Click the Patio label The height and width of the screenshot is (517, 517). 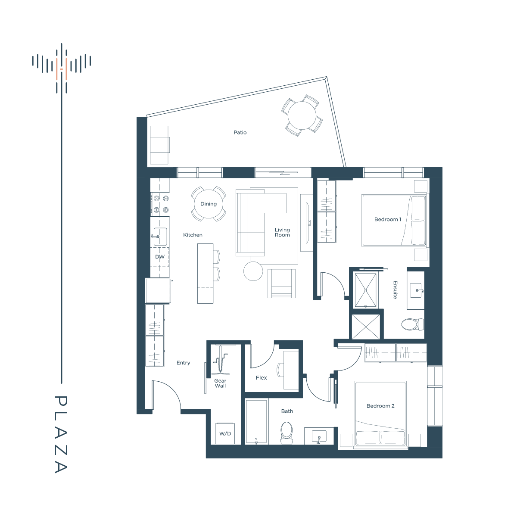click(240, 133)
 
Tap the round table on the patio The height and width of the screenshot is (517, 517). click(302, 116)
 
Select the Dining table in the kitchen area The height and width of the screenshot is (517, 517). click(209, 204)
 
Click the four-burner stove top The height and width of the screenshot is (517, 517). click(160, 204)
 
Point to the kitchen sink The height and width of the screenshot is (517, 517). click(160, 237)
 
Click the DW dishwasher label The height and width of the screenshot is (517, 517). click(160, 257)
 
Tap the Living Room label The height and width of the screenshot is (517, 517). click(282, 232)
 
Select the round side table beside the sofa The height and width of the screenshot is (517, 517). click(253, 271)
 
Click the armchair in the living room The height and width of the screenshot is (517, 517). click(281, 283)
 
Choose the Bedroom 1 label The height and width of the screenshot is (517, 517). click(388, 219)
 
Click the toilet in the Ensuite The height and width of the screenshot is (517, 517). click(412, 324)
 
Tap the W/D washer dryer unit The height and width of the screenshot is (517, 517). click(225, 433)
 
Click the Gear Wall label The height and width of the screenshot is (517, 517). click(220, 383)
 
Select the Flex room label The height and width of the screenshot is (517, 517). click(262, 378)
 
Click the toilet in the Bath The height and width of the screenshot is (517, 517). click(286, 433)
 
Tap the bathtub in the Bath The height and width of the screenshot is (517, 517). click(257, 421)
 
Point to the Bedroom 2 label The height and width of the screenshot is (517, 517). click(380, 406)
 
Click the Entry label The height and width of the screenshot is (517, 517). click(183, 363)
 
